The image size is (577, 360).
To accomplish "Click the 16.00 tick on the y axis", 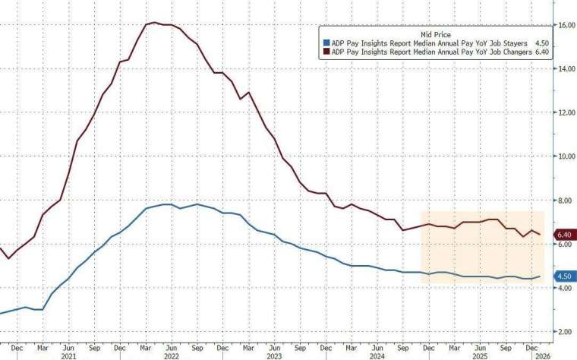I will pyautogui.click(x=565, y=25).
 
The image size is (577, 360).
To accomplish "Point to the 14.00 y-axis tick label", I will pyautogui.click(x=565, y=69).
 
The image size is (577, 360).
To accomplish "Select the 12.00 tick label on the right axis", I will pyautogui.click(x=565, y=112).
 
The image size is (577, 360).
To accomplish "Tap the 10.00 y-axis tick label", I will pyautogui.click(x=565, y=156).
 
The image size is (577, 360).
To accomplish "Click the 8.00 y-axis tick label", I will pyautogui.click(x=565, y=201).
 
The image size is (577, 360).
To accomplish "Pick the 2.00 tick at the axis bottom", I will pyautogui.click(x=565, y=332).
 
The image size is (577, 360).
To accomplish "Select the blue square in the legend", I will pyautogui.click(x=326, y=43).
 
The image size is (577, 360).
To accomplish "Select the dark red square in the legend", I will pyautogui.click(x=326, y=52).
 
